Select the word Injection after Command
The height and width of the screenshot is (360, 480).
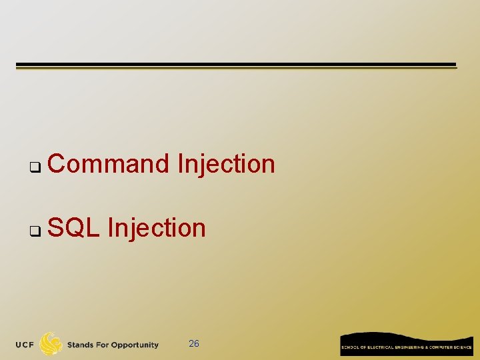pyautogui.click(x=226, y=163)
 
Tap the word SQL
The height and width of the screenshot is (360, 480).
pyautogui.click(x=74, y=228)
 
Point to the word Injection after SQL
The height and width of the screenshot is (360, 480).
pyautogui.click(x=157, y=228)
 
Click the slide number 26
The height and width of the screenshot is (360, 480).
pyautogui.click(x=194, y=344)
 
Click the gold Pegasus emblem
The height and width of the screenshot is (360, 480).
pyautogui.click(x=51, y=343)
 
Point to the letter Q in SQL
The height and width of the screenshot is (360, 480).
pyautogui.click(x=74, y=228)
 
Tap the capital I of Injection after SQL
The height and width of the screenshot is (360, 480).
pyautogui.click(x=110, y=228)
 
